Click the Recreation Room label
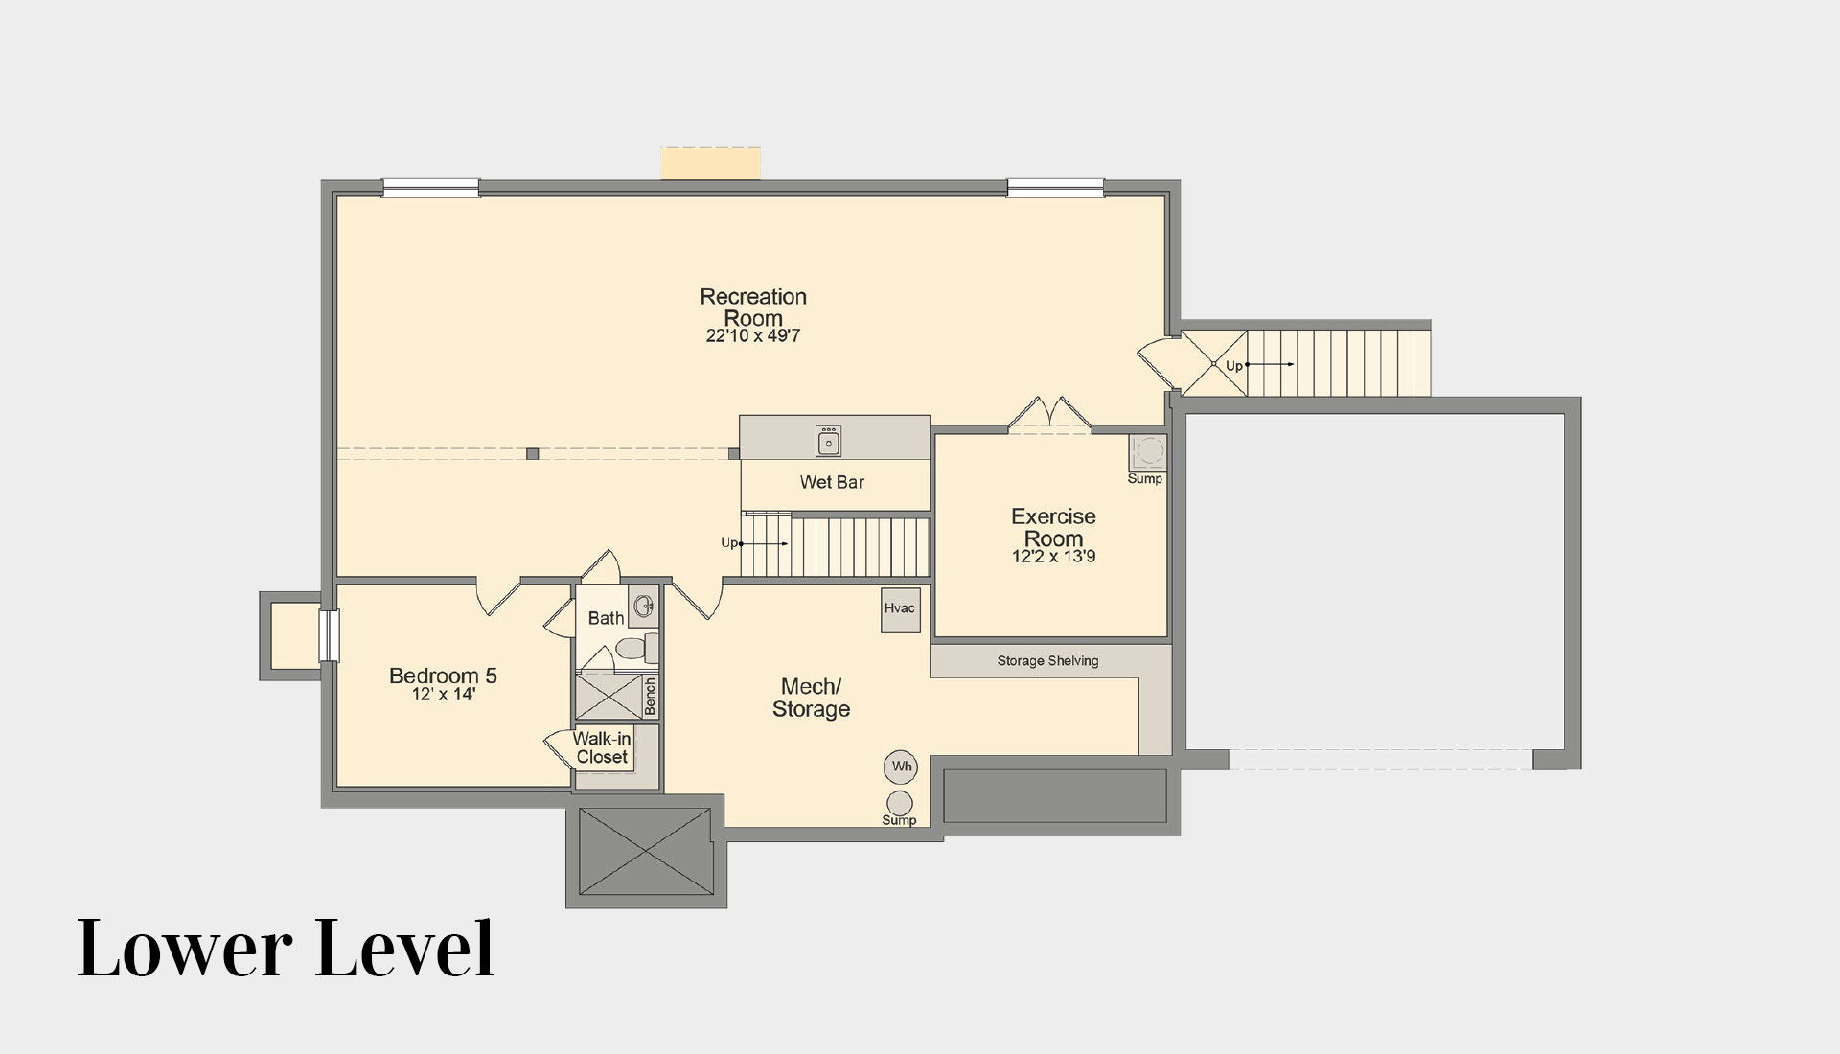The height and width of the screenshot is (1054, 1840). point(753,308)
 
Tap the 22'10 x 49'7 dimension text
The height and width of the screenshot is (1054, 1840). point(753,336)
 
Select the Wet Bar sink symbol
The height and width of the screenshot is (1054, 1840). point(828,442)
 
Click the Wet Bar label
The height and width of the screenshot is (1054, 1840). point(832,482)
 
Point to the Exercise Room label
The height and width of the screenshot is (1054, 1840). point(1053,527)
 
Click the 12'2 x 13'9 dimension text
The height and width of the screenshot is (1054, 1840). point(1053,557)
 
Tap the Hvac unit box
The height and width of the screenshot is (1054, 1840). point(901,609)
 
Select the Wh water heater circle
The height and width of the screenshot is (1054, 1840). point(902,767)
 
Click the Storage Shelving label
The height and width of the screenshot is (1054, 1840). point(1047,661)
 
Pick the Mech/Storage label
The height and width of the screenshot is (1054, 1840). point(811,698)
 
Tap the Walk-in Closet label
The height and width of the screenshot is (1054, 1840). point(602,747)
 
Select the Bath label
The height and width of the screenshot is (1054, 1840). point(606,618)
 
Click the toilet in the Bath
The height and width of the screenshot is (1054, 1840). point(635,649)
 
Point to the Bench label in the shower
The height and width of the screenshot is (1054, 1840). point(651,697)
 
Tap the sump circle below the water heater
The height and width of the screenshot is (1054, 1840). point(900,803)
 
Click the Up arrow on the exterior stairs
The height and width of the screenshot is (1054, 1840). point(1271,365)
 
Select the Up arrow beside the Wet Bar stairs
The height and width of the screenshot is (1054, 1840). point(763,544)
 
